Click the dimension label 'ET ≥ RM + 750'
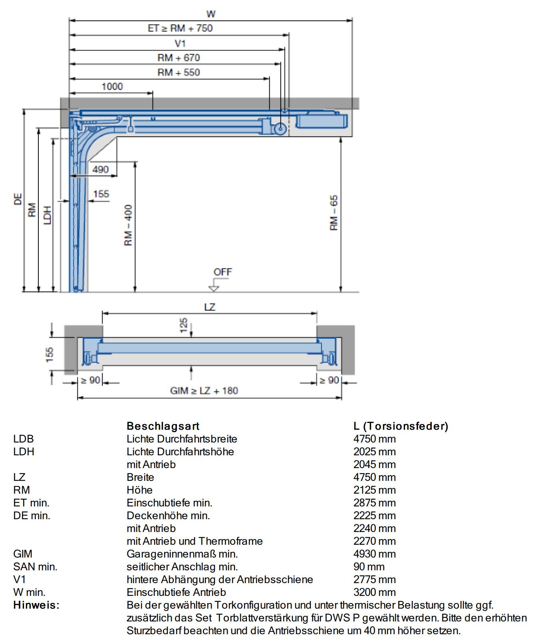click(x=180, y=28)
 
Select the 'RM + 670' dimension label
click(x=179, y=58)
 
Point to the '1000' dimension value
click(x=112, y=87)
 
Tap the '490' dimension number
click(x=101, y=169)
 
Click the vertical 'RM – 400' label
click(x=128, y=225)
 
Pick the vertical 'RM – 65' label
click(x=334, y=212)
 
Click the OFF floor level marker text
click(x=222, y=272)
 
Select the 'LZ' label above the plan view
click(x=210, y=307)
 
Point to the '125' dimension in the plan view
click(x=184, y=325)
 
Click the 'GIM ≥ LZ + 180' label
click(x=204, y=391)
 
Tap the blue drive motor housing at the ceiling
click(x=322, y=120)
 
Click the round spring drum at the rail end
click(x=280, y=129)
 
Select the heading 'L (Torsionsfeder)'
click(x=401, y=426)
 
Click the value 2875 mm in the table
click(x=375, y=503)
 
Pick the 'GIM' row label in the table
click(x=23, y=554)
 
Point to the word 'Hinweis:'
click(x=36, y=605)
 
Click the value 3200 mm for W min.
click(x=375, y=592)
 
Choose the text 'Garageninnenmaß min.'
click(x=182, y=554)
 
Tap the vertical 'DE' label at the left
click(x=18, y=199)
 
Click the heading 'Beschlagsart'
click(x=163, y=426)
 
